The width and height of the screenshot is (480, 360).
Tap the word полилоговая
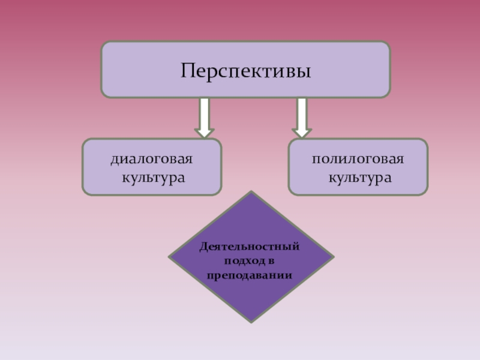coord(358,160)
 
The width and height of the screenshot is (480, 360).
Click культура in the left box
coord(152,178)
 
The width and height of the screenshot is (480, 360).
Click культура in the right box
coord(359,178)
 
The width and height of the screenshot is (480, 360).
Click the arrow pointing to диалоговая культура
coord(205,117)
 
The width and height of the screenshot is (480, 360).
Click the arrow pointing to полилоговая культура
coord(302,117)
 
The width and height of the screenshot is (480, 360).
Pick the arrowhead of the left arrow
coord(205,132)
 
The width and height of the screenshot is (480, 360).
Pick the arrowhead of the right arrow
coord(302,132)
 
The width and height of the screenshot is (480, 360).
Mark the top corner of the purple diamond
coord(251,192)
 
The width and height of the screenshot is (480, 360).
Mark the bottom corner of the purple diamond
coord(251,322)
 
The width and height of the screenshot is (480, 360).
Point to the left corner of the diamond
coord(169,257)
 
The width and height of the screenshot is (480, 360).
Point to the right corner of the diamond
coord(334,257)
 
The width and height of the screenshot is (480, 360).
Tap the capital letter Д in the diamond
coord(203,247)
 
